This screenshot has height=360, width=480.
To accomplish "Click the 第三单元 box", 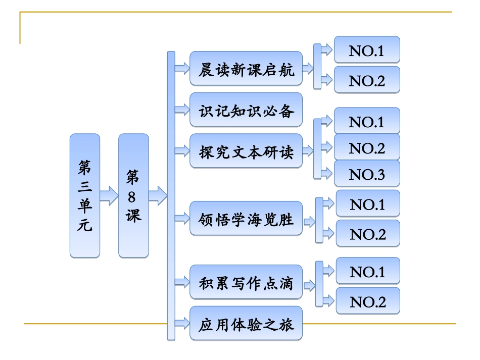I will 85,196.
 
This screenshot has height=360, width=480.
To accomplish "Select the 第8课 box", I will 133,196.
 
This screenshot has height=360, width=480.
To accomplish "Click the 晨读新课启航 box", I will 246,68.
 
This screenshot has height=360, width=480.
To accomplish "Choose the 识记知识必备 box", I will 246,110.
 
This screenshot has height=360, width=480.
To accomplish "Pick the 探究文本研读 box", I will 246,150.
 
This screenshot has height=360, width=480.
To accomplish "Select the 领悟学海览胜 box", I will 246,219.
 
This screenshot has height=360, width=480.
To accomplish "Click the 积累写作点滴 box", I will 246,282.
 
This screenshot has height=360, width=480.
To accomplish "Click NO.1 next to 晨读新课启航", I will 367,50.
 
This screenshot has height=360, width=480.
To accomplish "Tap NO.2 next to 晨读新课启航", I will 367,80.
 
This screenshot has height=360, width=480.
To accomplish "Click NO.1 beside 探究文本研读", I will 367,121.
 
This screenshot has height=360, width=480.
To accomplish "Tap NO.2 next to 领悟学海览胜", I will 368,233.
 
